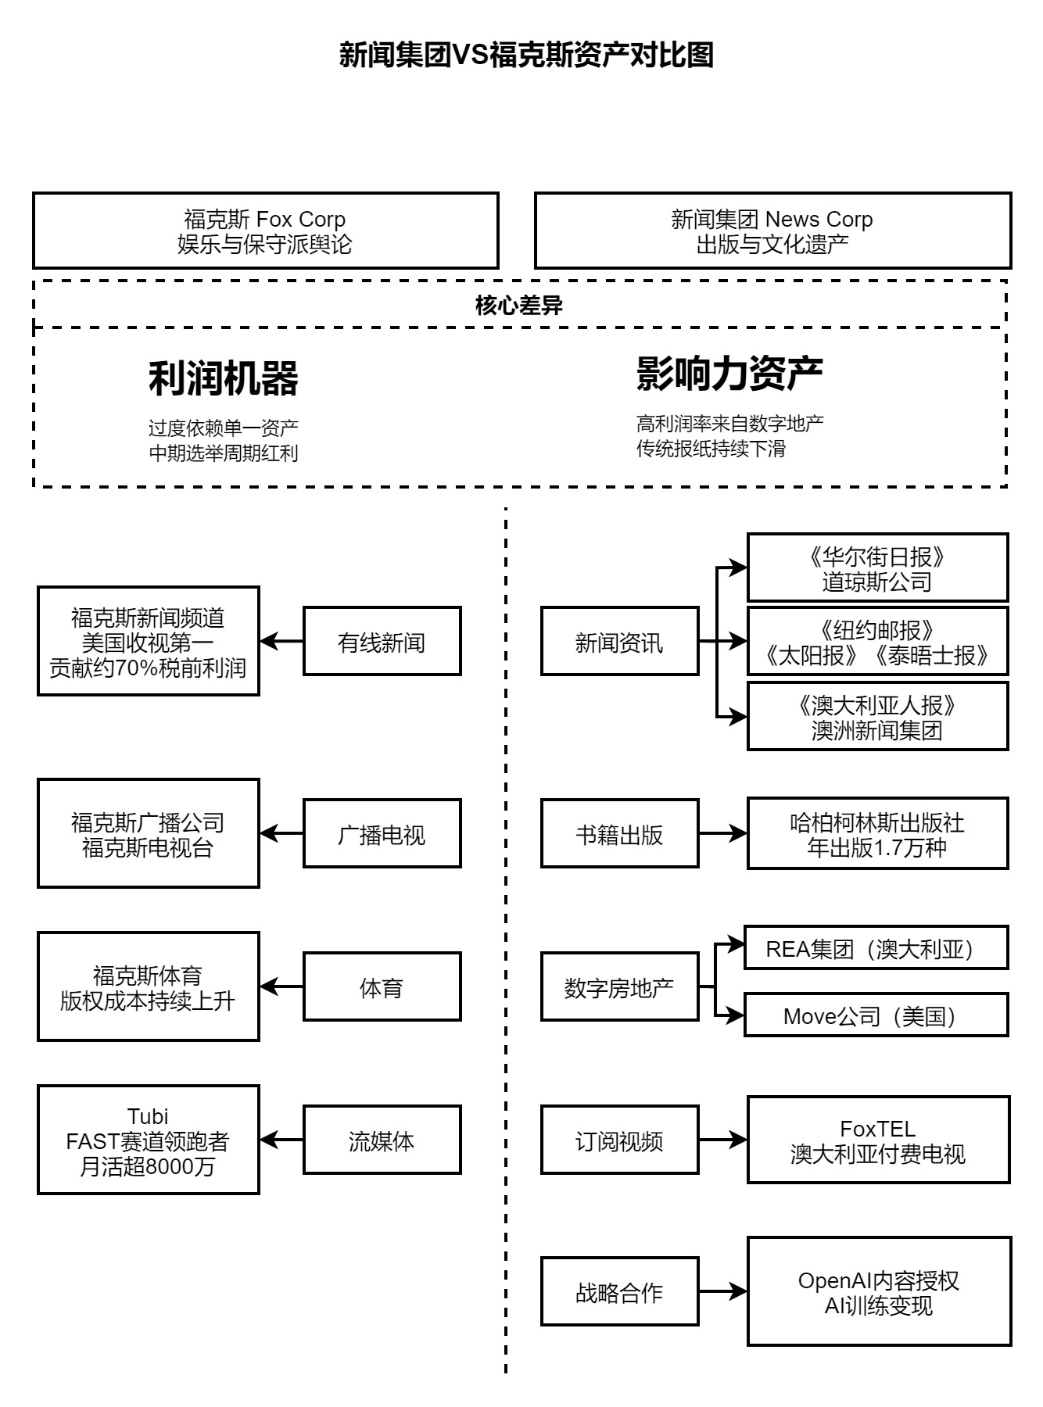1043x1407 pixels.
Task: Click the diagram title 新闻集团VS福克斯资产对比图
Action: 526,55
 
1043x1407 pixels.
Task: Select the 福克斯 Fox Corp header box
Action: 265,231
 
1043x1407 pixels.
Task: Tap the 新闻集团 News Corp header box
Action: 772,231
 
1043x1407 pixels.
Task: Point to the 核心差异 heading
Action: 519,306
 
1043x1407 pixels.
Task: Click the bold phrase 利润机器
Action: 224,378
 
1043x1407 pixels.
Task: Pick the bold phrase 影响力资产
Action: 729,374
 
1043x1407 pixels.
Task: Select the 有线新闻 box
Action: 382,642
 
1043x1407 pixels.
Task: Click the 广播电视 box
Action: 382,834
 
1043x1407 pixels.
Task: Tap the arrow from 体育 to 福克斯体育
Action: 281,987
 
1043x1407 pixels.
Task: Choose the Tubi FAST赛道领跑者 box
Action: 148,1140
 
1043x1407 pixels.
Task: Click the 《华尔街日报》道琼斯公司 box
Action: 877,568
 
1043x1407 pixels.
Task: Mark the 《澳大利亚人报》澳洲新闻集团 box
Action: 877,717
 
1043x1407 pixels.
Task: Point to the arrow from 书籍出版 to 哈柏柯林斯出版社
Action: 722,834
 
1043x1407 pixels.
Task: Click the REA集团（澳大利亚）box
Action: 876,948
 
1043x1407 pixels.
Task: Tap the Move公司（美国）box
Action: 876,1016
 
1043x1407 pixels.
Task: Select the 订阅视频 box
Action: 619,1140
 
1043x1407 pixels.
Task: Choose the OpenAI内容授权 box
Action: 879,1292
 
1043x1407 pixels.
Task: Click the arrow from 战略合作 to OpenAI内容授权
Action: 722,1292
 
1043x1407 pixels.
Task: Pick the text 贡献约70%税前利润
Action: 148,668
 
